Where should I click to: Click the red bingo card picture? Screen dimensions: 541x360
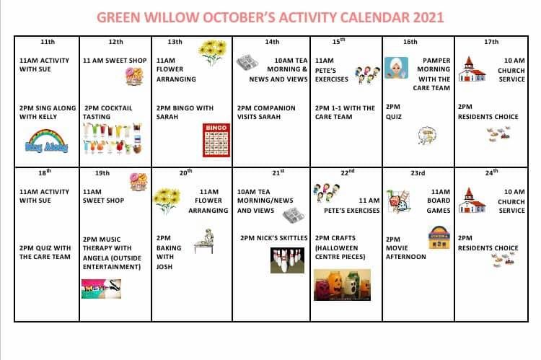click(216, 140)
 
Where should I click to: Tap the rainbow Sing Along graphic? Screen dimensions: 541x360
click(46, 141)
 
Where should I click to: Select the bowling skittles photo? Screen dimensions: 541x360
click(287, 260)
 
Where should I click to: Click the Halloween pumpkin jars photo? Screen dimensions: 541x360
click(342, 285)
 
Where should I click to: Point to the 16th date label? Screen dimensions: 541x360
click(410, 42)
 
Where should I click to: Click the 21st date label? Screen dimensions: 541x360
click(278, 172)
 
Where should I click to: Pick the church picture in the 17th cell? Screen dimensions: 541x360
click(472, 69)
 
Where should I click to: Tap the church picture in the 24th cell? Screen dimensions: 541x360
click(472, 201)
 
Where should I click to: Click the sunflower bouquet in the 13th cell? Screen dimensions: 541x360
click(213, 52)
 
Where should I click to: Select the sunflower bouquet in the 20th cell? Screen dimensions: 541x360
click(167, 201)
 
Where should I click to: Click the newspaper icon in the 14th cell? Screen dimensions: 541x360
click(247, 63)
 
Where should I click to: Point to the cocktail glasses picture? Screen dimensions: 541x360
click(113, 139)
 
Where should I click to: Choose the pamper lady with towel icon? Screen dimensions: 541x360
click(396, 68)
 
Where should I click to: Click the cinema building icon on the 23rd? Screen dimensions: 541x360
click(439, 238)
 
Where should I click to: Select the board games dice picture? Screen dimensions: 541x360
click(399, 201)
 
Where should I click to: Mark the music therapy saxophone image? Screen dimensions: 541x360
click(101, 289)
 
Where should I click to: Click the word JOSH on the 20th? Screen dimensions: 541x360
click(164, 267)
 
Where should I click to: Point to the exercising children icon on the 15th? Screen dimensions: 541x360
click(367, 74)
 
